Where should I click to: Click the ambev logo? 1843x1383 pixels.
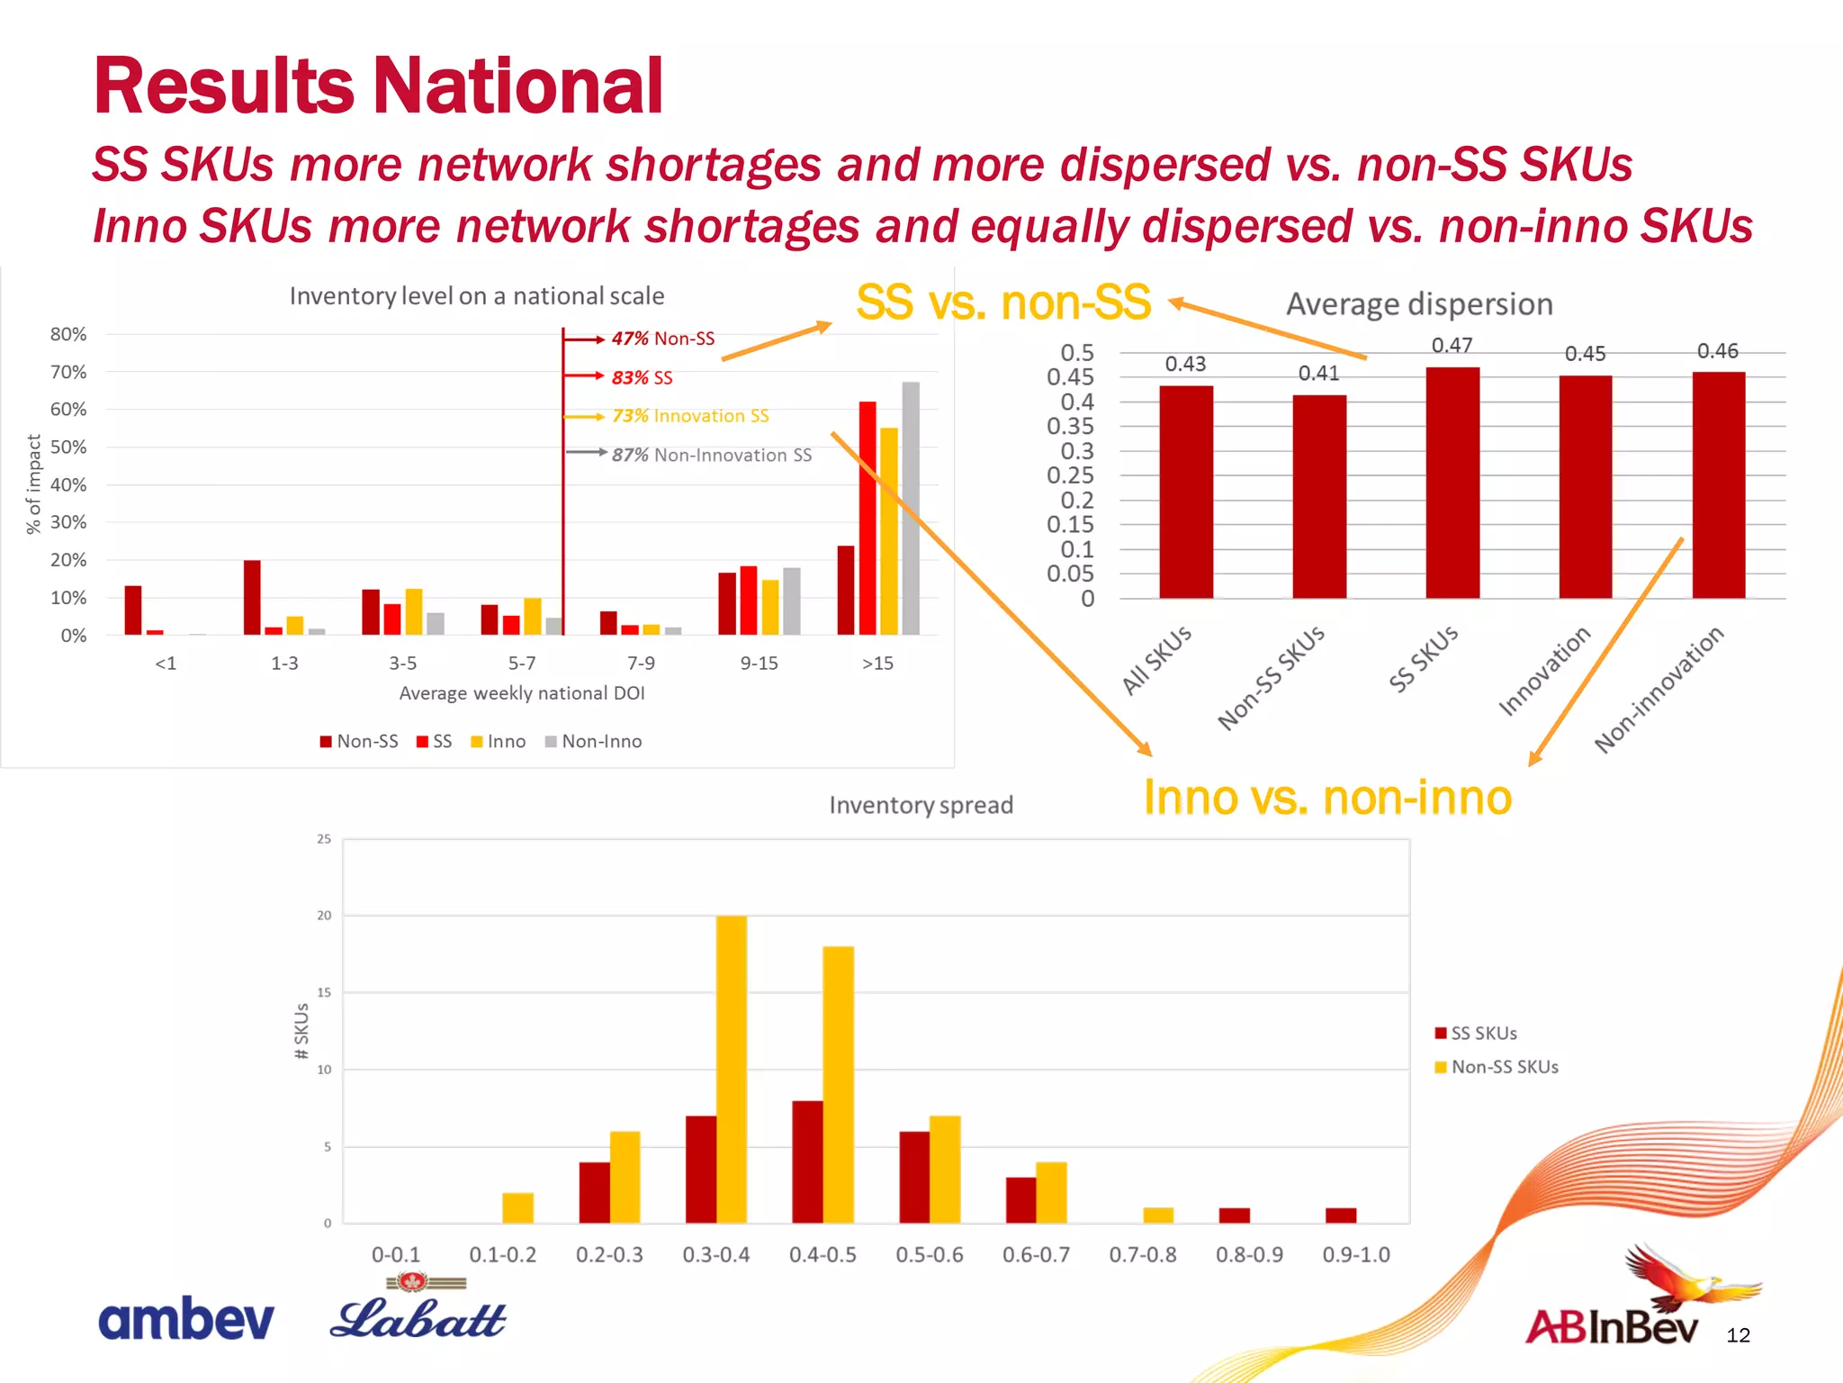[x=185, y=1320]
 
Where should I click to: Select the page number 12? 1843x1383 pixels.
[x=1738, y=1335]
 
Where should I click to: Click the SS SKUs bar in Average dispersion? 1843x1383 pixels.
[x=1452, y=483]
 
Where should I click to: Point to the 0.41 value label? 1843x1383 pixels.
[x=1318, y=374]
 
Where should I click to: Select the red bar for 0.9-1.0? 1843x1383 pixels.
[x=1341, y=1215]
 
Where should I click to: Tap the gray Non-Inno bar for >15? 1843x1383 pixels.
[x=911, y=509]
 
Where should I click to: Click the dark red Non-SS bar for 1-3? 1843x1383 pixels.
[x=252, y=597]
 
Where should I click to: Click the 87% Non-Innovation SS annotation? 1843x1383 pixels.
[x=711, y=456]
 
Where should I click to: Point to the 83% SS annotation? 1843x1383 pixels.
[x=642, y=377]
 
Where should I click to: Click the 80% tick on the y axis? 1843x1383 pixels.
[x=68, y=334]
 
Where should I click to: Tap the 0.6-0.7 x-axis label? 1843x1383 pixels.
[x=1036, y=1255]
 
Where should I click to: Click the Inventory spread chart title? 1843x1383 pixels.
[x=921, y=805]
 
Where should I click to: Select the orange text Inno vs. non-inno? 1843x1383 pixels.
[x=1327, y=798]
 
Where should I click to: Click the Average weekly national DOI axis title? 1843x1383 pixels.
[x=522, y=693]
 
